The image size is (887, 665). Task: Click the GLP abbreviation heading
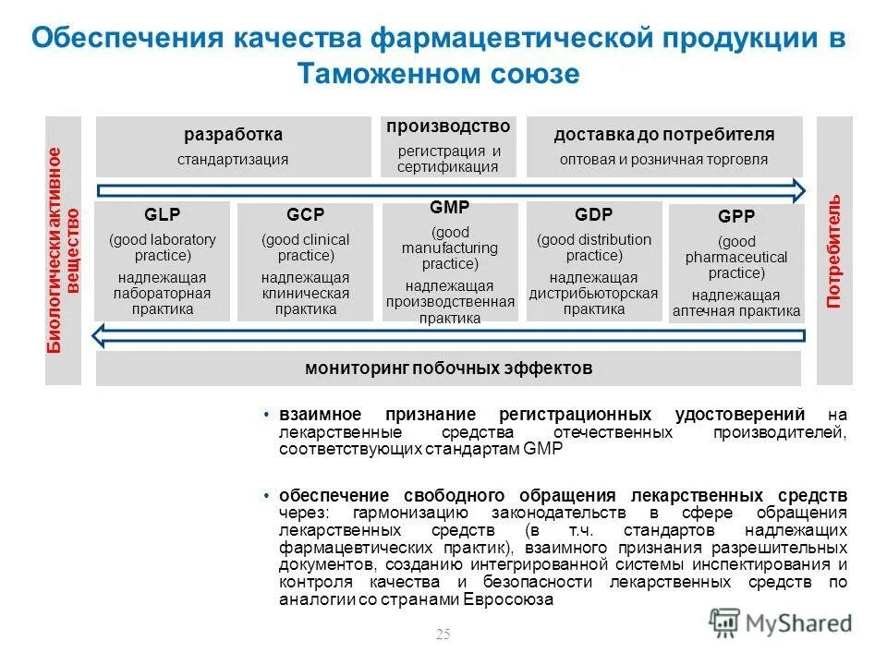point(163,215)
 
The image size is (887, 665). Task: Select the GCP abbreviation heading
point(305,215)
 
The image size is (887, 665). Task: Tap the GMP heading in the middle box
point(449,207)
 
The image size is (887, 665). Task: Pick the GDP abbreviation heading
point(593,215)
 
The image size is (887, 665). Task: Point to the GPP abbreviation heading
point(736,217)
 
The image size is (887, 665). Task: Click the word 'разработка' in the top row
point(233,135)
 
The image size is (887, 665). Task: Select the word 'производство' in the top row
point(448,126)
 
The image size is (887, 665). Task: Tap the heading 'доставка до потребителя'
point(663,135)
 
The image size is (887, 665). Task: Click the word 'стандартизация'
point(233,159)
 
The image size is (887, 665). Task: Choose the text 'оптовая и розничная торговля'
point(663,159)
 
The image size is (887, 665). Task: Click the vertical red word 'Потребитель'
point(834,251)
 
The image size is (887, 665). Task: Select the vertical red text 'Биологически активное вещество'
point(64,250)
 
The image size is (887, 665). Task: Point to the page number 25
point(443,634)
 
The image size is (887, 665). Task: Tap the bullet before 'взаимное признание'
point(266,414)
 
